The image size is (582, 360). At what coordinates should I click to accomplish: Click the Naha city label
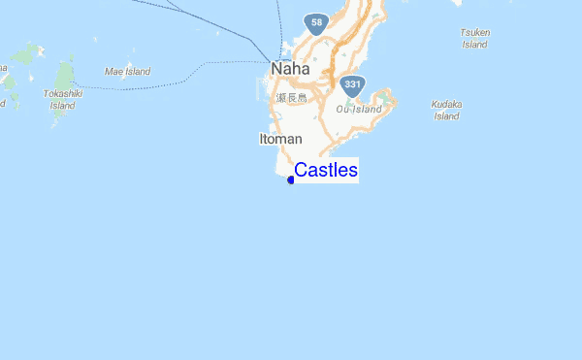click(290, 69)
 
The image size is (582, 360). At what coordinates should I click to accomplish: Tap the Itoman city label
click(280, 140)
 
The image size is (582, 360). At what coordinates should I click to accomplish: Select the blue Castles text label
click(326, 171)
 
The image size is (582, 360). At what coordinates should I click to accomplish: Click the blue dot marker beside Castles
click(291, 180)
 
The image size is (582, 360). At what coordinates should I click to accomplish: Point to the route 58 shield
click(314, 20)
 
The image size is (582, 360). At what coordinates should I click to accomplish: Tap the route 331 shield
click(353, 84)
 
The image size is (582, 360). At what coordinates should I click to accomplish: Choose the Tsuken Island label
click(474, 38)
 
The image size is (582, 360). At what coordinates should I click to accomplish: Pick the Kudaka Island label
click(446, 110)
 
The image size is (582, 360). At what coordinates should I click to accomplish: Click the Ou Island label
click(360, 109)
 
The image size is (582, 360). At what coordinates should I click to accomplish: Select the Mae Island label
click(127, 71)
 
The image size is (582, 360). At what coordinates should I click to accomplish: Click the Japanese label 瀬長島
click(291, 97)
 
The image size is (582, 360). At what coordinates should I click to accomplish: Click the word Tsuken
click(474, 32)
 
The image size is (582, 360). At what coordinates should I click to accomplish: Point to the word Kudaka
click(446, 104)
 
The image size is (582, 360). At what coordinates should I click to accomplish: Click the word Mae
click(114, 71)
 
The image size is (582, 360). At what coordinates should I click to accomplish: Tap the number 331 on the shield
click(353, 84)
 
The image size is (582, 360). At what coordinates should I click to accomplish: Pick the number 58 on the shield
click(314, 20)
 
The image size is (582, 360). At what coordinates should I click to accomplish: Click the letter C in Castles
click(301, 171)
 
